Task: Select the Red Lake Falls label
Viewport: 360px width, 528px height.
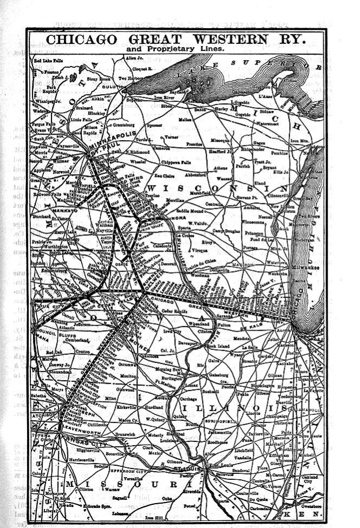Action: click(49, 61)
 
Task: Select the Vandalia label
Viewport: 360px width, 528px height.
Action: click(243, 457)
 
